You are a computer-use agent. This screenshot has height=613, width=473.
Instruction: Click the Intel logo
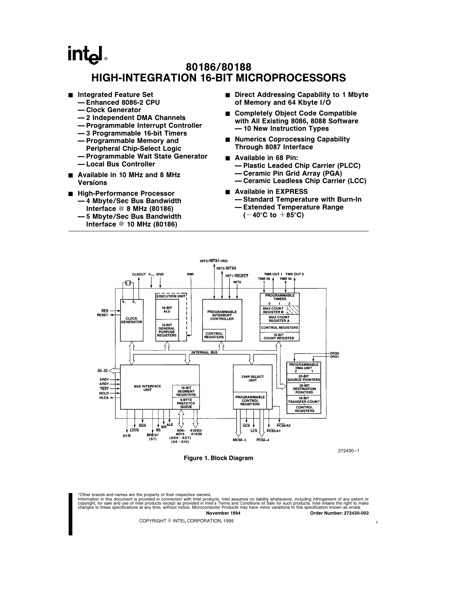(86, 54)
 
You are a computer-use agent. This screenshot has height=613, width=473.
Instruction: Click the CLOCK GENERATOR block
(131, 320)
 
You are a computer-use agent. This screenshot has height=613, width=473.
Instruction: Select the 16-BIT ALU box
(167, 310)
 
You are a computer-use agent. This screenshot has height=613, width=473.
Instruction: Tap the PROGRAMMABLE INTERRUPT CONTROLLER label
(222, 315)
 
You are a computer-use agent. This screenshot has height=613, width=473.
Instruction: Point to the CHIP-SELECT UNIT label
(252, 378)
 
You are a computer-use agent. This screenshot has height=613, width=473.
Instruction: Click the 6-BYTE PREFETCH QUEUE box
(185, 403)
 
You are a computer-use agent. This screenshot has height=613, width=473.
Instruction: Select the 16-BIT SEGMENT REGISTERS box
(185, 391)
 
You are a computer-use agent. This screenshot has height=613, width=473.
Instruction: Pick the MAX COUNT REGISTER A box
(279, 319)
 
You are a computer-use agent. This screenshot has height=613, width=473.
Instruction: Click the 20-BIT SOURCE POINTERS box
(304, 378)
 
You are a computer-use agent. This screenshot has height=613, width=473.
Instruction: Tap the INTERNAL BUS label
(204, 352)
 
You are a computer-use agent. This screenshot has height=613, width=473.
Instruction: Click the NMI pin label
(190, 274)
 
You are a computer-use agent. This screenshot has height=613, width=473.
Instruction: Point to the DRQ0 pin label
(335, 353)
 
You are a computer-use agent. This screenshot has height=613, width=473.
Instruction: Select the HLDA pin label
(104, 398)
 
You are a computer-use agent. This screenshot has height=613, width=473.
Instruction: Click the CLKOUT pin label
(139, 274)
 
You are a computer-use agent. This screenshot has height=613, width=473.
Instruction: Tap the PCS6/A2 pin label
(284, 425)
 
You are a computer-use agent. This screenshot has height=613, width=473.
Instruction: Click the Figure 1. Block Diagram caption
(219, 458)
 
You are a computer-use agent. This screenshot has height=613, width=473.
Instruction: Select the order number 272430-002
(339, 513)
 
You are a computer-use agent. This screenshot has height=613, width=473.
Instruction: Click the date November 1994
(223, 513)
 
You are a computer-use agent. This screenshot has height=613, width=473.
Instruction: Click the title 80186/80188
(219, 67)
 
